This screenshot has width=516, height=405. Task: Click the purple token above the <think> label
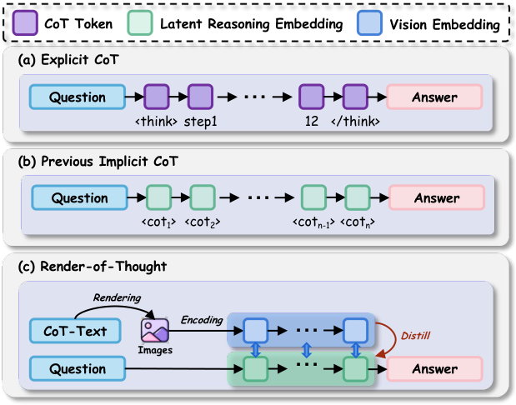tap(157, 97)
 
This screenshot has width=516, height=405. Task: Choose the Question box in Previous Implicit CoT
tap(80, 198)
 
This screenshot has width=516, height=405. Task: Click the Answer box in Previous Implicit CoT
tap(436, 198)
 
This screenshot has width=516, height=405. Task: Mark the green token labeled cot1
tap(158, 198)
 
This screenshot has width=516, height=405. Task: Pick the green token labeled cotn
tap(358, 198)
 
